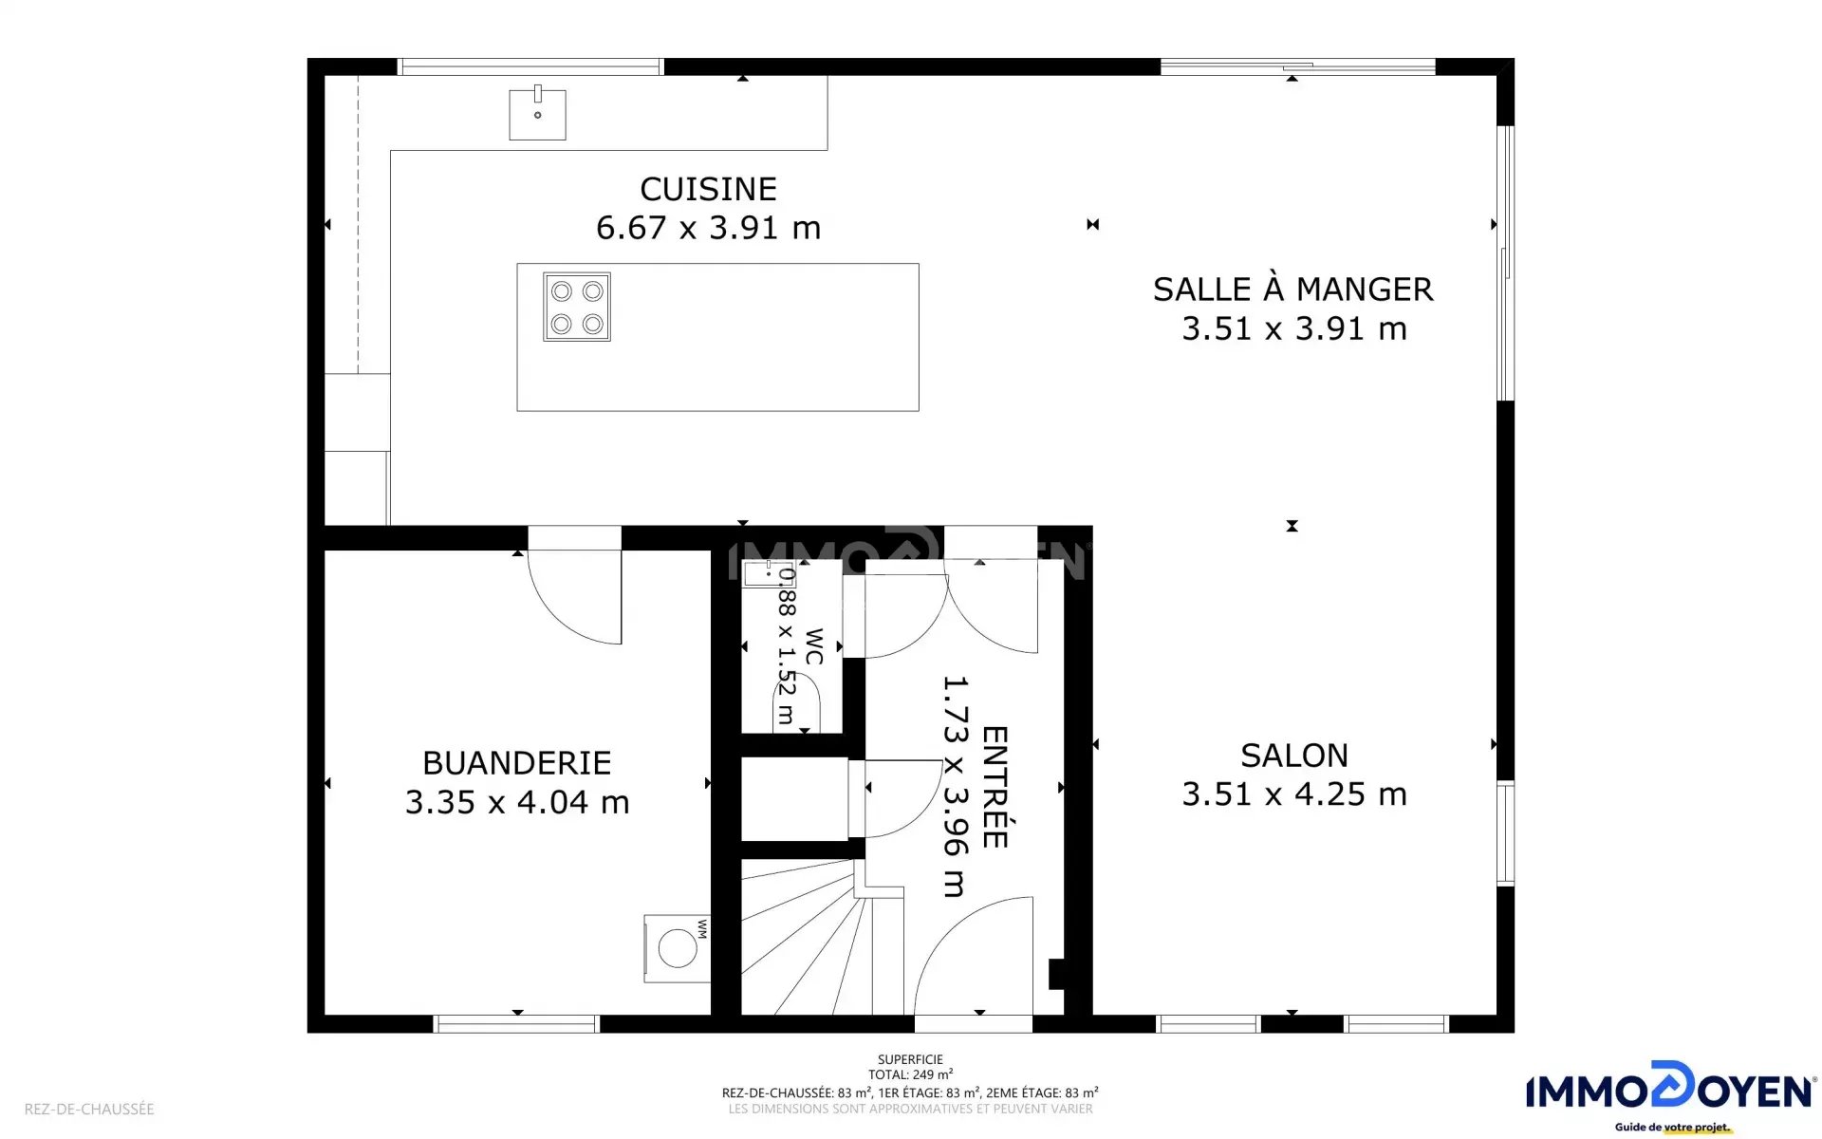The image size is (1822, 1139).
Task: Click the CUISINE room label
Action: click(708, 189)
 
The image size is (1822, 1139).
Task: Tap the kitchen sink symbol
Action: click(537, 113)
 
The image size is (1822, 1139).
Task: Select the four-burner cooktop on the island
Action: click(577, 307)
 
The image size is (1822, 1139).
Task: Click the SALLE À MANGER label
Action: click(1292, 289)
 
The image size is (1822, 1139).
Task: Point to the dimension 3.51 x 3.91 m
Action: click(1293, 328)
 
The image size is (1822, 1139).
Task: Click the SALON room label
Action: click(1294, 756)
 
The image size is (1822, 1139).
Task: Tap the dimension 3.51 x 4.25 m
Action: click(1293, 794)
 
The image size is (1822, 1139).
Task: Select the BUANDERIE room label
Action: click(517, 763)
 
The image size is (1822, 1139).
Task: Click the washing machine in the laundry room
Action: click(677, 948)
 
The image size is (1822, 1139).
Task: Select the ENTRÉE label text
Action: click(994, 787)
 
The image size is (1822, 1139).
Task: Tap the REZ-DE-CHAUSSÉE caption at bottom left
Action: click(89, 1109)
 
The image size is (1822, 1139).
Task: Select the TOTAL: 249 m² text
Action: click(910, 1075)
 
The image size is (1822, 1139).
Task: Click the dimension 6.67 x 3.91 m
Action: click(708, 228)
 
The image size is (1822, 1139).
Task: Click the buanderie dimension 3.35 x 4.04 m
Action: click(517, 803)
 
